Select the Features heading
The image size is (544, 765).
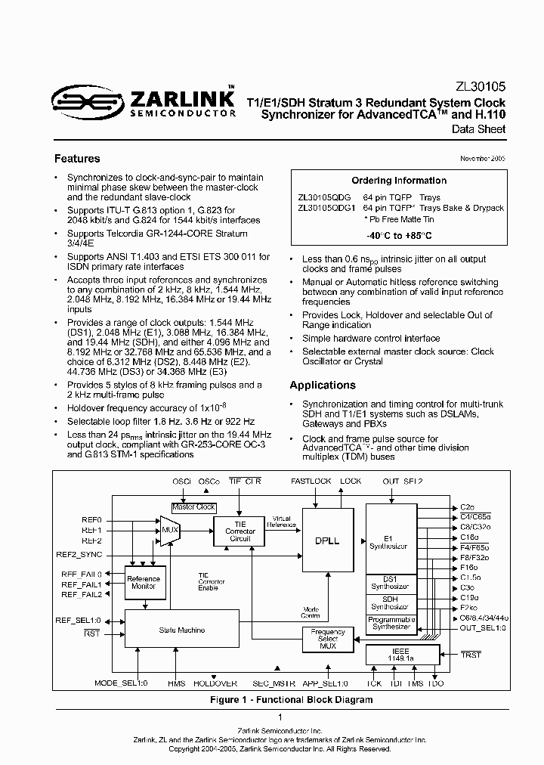click(x=77, y=159)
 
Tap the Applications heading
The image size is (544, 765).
click(x=323, y=385)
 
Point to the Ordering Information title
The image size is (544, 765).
click(x=399, y=181)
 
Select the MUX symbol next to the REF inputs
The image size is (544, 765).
click(x=169, y=529)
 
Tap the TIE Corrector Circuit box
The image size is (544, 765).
click(x=240, y=531)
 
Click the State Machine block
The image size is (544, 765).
click(x=181, y=630)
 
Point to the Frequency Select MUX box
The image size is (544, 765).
click(x=327, y=638)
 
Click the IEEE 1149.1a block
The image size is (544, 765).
click(x=401, y=654)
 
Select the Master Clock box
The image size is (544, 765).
click(x=194, y=507)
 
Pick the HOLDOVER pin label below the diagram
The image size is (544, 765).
click(x=215, y=683)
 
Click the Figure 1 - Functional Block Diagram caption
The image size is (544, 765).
click(x=291, y=700)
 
